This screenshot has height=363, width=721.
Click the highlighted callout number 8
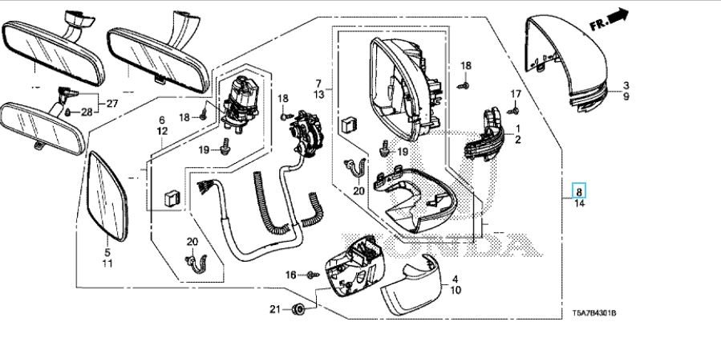[x=579, y=191]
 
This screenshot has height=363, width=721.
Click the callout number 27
[x=111, y=102]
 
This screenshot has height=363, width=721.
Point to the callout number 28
[x=87, y=112]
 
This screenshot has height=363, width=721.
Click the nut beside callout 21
[x=297, y=309]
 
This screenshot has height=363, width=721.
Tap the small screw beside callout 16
[x=310, y=275]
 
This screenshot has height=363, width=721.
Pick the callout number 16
[x=290, y=275]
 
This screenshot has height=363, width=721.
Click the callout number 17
[x=516, y=95]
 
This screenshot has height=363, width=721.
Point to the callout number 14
[x=579, y=204]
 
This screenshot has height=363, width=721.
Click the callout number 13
[x=318, y=95]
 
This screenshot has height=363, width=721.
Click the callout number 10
[x=455, y=291]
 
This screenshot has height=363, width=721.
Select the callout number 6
[x=161, y=119]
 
